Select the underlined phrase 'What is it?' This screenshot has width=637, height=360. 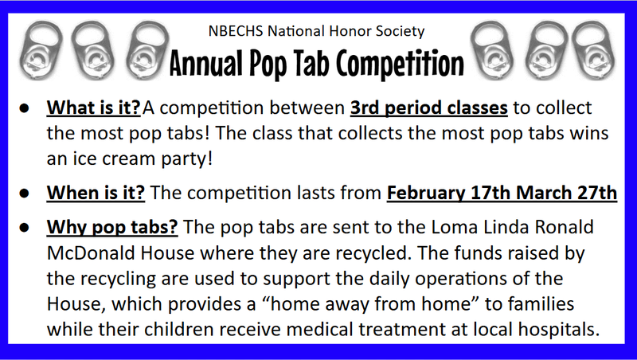[x=94, y=108]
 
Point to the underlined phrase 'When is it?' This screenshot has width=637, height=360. [x=96, y=193]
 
